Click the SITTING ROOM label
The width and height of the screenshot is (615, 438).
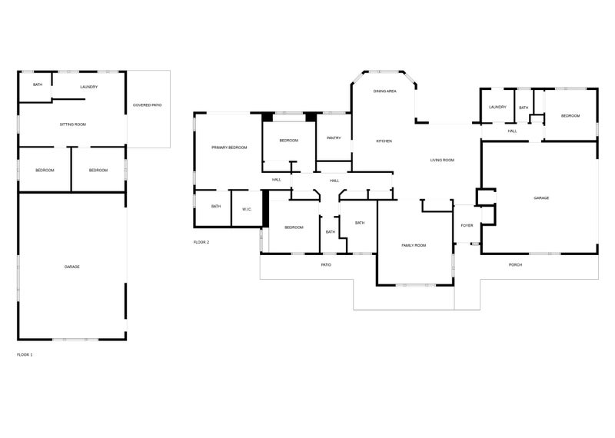click(72, 124)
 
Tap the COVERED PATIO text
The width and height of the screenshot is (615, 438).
click(147, 105)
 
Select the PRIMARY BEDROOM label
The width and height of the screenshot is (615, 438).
click(229, 148)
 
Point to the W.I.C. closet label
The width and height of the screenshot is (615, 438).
click(247, 209)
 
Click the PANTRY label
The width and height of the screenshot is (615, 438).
click(334, 138)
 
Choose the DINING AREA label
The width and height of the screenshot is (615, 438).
click(385, 91)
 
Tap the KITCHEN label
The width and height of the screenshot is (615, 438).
click(384, 141)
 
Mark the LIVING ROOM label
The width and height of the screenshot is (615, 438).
click(442, 161)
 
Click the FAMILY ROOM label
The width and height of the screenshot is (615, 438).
click(414, 245)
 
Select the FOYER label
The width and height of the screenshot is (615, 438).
click(467, 226)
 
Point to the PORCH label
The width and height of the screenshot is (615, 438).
click(515, 265)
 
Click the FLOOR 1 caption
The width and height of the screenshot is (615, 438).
click(25, 355)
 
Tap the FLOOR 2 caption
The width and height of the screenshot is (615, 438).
click(201, 242)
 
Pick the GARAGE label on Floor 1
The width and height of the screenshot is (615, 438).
click(71, 267)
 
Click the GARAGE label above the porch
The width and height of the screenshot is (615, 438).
click(541, 198)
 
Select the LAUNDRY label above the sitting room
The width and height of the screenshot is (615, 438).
click(89, 87)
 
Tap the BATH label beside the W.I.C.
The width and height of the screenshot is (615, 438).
click(216, 206)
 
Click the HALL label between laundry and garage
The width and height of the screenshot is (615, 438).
click(512, 131)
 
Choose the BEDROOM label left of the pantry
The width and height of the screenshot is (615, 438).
click(289, 141)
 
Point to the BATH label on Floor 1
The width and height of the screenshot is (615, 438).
click(38, 85)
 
